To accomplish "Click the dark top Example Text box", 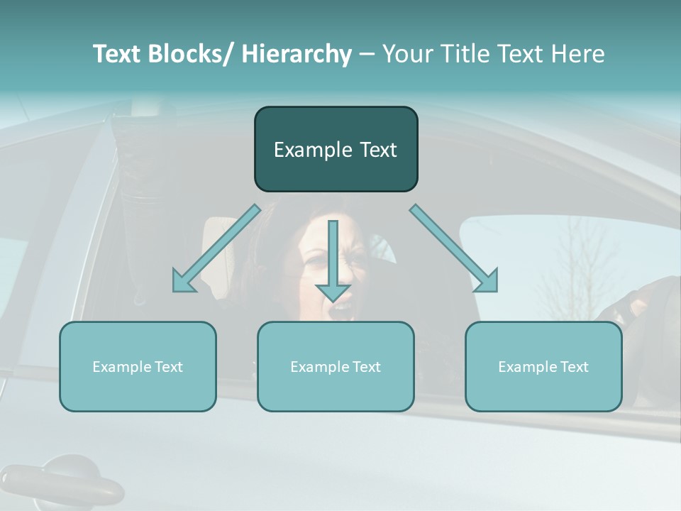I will tap(336, 149).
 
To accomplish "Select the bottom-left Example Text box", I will tap(138, 366).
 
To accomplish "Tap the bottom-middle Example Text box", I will tap(336, 366).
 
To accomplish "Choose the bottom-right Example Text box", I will tap(543, 366).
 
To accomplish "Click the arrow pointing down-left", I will tap(216, 248).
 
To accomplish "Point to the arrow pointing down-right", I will tap(454, 248).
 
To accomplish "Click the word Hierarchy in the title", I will tap(297, 54).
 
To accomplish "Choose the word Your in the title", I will tap(405, 54).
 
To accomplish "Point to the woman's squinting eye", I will tap(314, 260).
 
